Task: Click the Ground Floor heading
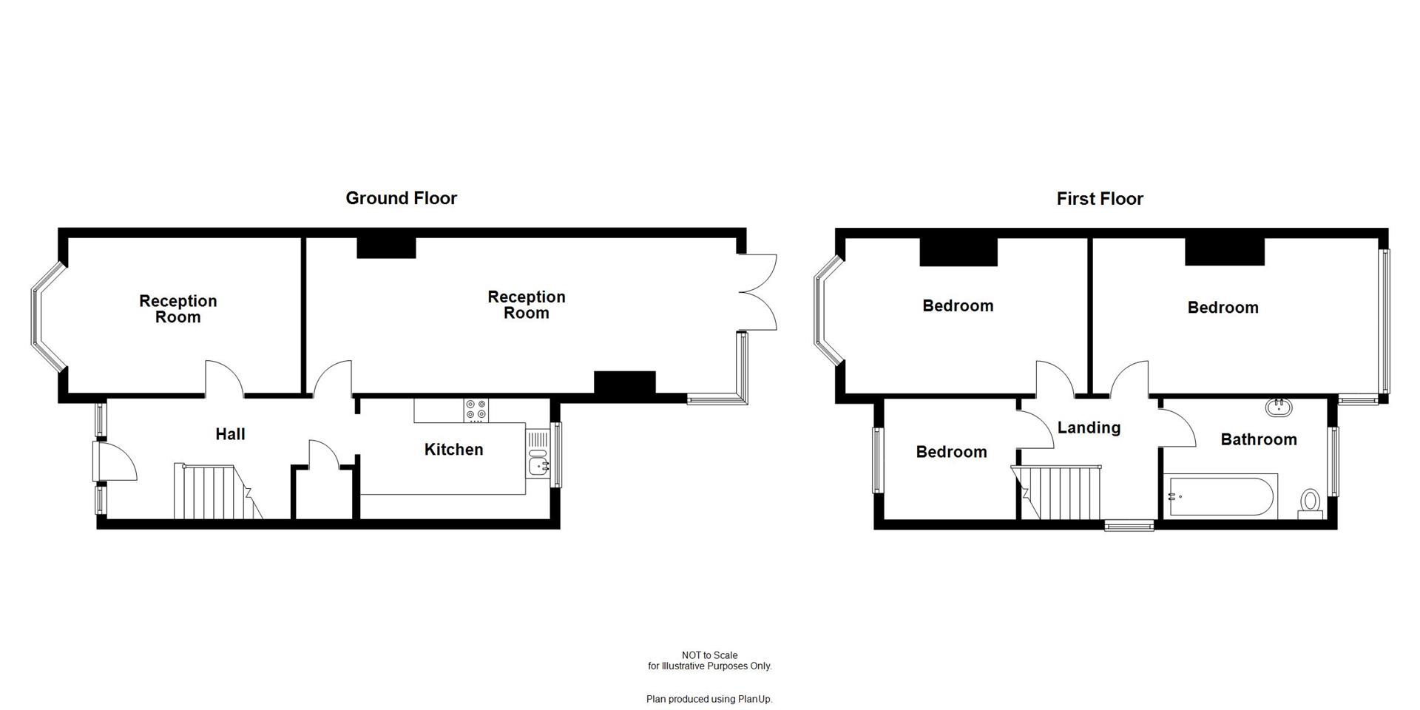click(x=401, y=198)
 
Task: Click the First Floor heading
click(x=1099, y=199)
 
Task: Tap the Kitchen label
click(x=453, y=450)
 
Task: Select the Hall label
click(x=230, y=434)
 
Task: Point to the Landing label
click(x=1089, y=427)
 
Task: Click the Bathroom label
click(x=1258, y=440)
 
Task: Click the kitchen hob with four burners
click(x=476, y=410)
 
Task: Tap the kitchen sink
click(x=538, y=465)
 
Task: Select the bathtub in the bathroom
click(x=1220, y=497)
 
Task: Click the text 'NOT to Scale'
click(x=709, y=655)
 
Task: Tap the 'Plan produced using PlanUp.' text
click(x=709, y=699)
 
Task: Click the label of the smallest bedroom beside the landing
click(x=951, y=452)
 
